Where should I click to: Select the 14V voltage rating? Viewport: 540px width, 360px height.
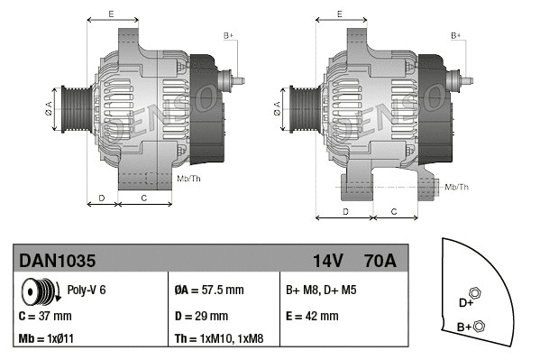327,261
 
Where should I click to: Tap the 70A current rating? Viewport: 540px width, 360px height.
379,261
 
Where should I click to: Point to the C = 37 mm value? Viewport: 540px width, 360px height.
45,316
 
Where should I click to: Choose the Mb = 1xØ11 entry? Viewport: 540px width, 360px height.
47,339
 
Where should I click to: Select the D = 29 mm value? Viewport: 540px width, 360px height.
200,316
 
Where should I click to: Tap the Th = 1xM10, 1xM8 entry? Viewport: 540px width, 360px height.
219,339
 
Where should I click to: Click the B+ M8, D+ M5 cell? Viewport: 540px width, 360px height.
320,291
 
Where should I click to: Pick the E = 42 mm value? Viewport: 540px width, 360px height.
312,316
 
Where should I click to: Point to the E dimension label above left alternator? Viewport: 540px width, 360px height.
111,14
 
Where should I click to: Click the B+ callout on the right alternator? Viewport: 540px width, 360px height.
456,35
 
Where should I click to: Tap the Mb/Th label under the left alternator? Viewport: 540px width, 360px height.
189,179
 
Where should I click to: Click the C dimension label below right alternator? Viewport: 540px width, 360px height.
394,210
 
